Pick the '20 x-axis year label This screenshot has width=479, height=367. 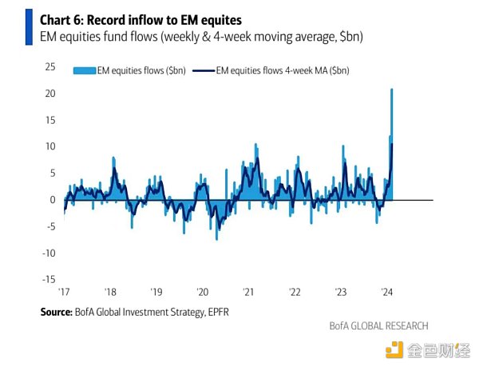(202, 291)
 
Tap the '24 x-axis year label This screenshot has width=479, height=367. (386, 291)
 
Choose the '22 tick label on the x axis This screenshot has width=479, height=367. (294, 291)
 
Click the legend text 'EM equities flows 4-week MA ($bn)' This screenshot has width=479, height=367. (279, 70)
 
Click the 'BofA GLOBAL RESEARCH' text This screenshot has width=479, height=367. (378, 326)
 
